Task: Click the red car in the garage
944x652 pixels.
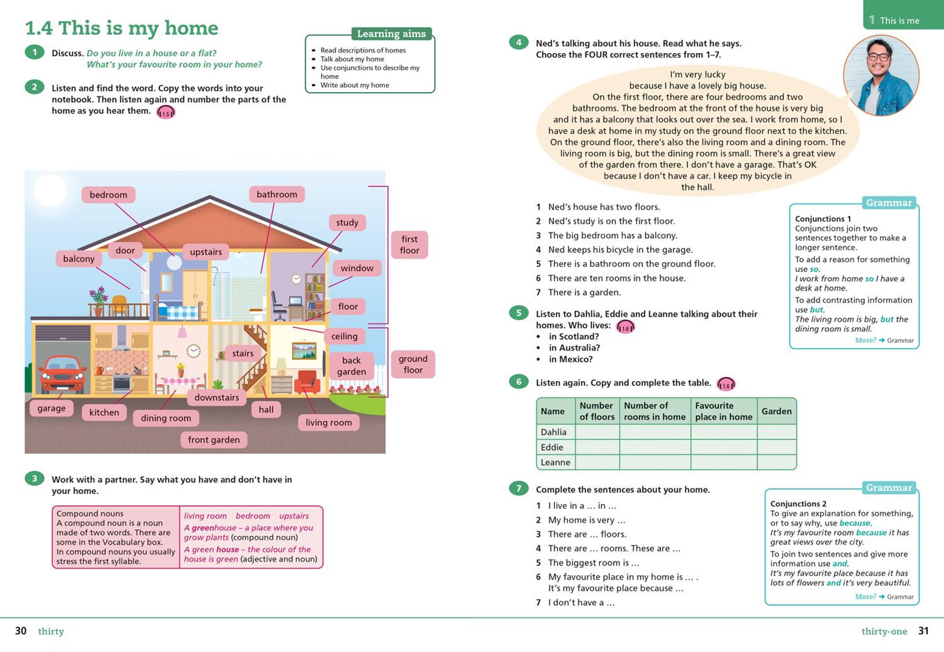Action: [63, 375]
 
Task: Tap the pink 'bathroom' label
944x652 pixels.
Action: [277, 194]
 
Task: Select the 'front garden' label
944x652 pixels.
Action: [214, 440]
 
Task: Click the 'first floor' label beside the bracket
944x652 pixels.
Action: [409, 245]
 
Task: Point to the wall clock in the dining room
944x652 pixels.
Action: [193, 351]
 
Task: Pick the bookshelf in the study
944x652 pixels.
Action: [315, 296]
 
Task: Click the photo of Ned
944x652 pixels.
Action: [881, 76]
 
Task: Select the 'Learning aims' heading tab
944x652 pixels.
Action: [391, 34]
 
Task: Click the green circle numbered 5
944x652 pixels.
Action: [518, 313]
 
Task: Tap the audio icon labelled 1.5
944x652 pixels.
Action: [166, 113]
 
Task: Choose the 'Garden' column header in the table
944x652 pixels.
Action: [776, 411]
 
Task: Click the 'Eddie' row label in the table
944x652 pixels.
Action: [552, 447]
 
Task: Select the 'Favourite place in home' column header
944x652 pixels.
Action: [723, 411]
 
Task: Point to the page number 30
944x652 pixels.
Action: [21, 631]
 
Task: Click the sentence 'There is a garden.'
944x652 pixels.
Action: [584, 293]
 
